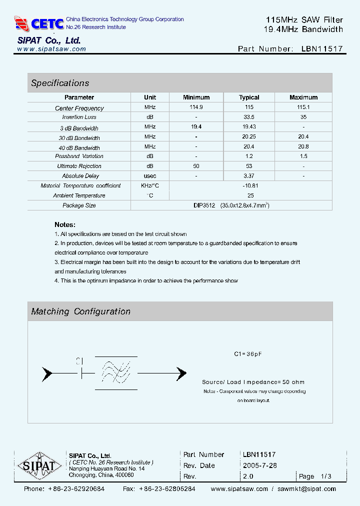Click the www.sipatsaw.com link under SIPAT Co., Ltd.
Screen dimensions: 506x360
[x=51, y=49]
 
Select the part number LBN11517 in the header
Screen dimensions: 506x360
[x=322, y=49]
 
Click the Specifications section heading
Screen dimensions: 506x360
[x=60, y=83]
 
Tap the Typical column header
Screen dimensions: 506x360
[x=249, y=97]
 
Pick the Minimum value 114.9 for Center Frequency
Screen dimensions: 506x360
[x=196, y=107]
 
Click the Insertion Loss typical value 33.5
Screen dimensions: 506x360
[x=249, y=117]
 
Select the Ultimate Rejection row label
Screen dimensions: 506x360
[x=79, y=166]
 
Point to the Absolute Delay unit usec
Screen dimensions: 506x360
[x=150, y=176]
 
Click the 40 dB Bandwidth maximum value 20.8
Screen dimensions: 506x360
[x=303, y=147]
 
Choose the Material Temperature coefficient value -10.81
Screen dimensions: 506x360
[x=249, y=185]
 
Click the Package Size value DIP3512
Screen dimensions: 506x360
[x=204, y=205]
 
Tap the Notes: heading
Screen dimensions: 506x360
[x=65, y=225]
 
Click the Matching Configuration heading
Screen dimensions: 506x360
[x=80, y=311]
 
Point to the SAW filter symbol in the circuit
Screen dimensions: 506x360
[x=116, y=372]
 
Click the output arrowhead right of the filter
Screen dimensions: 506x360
[x=180, y=373]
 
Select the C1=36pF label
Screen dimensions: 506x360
[x=248, y=354]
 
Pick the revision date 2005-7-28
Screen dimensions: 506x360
[x=259, y=465]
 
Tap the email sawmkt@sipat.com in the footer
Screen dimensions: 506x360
[x=306, y=489]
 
